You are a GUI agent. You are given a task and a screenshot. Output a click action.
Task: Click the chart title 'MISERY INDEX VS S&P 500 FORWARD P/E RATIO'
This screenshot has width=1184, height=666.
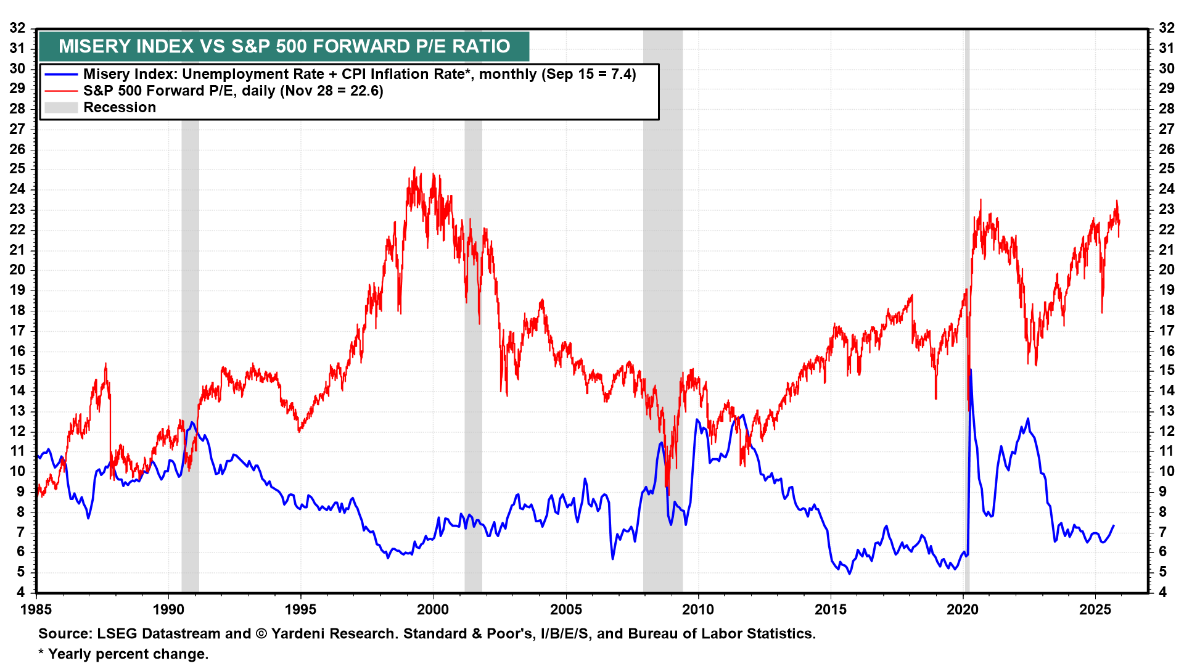tap(284, 46)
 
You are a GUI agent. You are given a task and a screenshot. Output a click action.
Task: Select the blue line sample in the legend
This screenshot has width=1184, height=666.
tap(61, 74)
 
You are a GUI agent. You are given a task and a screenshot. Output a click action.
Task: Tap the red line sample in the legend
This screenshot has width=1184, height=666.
tap(61, 91)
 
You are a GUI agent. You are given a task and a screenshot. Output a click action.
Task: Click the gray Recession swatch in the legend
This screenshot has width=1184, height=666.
tap(61, 108)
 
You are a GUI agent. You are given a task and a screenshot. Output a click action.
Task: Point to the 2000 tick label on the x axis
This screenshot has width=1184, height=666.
tap(433, 610)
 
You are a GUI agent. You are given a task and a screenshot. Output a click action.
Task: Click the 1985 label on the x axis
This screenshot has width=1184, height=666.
tap(36, 610)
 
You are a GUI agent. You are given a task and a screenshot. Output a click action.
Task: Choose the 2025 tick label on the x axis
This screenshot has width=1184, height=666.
tap(1095, 610)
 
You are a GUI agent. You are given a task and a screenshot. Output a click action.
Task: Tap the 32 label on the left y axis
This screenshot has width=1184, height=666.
tap(17, 28)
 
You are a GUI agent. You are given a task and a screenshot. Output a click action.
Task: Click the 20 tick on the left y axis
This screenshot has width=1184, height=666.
tap(17, 269)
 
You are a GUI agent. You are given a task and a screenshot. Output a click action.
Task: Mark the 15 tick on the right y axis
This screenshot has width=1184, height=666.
tap(1166, 370)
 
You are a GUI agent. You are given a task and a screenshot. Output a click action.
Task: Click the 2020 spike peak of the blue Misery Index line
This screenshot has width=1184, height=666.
tap(971, 370)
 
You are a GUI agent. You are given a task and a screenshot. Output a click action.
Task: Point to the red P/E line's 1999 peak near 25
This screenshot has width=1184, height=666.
tap(414, 168)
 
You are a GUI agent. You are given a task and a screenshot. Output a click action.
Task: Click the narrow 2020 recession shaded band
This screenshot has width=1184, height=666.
tap(967, 308)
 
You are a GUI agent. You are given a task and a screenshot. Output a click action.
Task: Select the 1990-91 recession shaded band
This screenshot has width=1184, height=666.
tap(190, 308)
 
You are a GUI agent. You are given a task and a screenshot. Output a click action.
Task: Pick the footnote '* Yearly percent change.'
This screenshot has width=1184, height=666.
tap(123, 654)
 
